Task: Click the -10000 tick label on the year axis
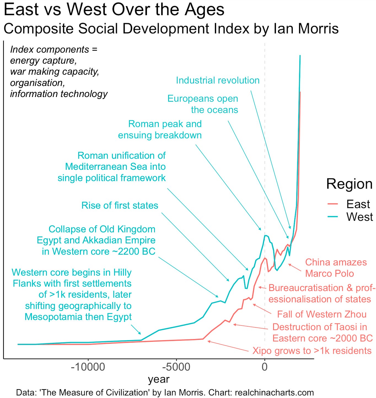[x=88, y=367]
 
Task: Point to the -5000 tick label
[x=176, y=367]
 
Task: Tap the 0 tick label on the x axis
[x=265, y=367]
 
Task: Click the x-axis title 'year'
[x=159, y=380]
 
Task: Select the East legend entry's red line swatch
[x=333, y=204]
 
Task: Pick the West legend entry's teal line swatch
[x=333, y=217]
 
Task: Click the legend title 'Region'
[x=349, y=184]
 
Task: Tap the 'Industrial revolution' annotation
[x=218, y=80]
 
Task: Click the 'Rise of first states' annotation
[x=120, y=205]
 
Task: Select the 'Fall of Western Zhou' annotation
[x=322, y=314]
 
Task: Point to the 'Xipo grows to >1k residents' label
[x=312, y=351]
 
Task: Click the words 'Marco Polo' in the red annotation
[x=329, y=273]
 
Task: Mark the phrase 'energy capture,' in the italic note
[x=43, y=61]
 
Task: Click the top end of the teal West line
[x=300, y=56]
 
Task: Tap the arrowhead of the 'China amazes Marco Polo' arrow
[x=289, y=264]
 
